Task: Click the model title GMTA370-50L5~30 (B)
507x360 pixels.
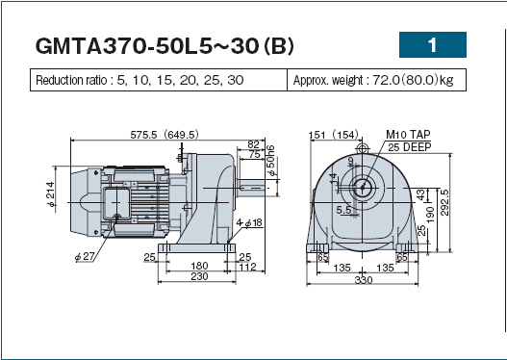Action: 165,45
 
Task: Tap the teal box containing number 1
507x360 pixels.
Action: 433,44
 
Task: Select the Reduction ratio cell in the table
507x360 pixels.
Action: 159,80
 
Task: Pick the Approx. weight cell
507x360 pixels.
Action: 377,80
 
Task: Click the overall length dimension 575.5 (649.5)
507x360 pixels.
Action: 165,135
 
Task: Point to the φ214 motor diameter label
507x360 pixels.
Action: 51,194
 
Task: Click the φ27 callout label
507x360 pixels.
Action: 85,257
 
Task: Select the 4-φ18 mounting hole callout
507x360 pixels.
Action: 249,222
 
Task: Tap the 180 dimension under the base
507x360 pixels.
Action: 199,266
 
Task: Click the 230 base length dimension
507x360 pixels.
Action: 199,276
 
